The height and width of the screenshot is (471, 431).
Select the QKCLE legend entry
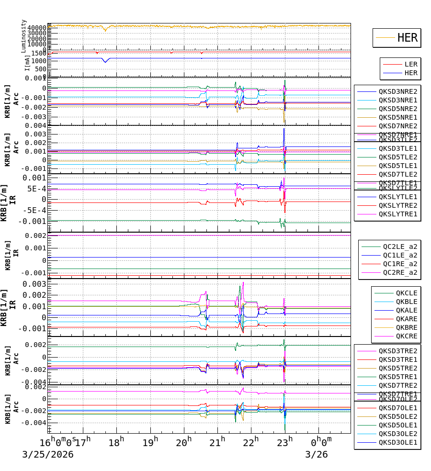406,293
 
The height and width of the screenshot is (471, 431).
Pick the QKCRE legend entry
406,336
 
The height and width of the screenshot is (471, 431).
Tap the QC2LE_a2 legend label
399,247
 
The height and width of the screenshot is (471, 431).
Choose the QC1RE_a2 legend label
399,264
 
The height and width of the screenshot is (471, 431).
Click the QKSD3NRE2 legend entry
397,91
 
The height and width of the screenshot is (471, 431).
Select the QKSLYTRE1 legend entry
397,214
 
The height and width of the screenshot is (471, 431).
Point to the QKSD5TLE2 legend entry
397,157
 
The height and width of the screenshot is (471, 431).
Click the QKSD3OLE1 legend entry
397,442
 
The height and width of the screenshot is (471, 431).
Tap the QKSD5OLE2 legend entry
397,416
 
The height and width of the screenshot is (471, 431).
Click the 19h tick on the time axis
150,441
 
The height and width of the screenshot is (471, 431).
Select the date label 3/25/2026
48,454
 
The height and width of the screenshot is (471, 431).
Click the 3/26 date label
317,454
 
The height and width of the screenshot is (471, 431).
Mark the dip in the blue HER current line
105,61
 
